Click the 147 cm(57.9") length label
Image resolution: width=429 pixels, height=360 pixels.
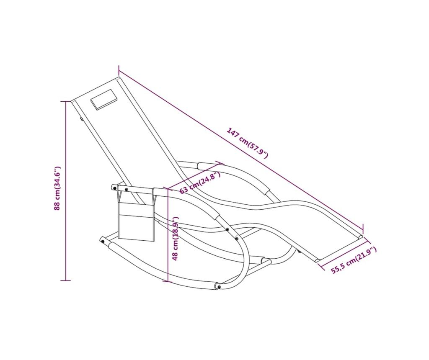click(x=247, y=143)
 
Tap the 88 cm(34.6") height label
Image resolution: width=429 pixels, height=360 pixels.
click(x=57, y=188)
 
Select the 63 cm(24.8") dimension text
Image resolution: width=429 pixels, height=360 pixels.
click(x=200, y=183)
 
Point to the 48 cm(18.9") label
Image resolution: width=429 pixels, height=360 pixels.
click(x=176, y=238)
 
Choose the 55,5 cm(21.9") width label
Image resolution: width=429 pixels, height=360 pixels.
click(x=354, y=260)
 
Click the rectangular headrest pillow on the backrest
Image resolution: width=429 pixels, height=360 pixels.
click(x=105, y=100)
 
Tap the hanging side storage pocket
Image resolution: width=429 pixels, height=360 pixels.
click(x=137, y=216)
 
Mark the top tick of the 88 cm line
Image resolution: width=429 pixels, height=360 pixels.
click(x=66, y=101)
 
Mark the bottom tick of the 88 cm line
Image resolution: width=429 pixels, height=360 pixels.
click(x=66, y=280)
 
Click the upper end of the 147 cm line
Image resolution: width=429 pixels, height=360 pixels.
click(x=119, y=70)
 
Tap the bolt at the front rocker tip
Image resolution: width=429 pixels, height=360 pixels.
click(x=219, y=286)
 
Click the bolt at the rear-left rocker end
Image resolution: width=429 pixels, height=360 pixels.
click(x=102, y=241)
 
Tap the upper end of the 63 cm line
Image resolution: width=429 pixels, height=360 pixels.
click(x=220, y=163)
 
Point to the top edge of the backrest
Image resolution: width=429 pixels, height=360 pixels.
click(x=95, y=90)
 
